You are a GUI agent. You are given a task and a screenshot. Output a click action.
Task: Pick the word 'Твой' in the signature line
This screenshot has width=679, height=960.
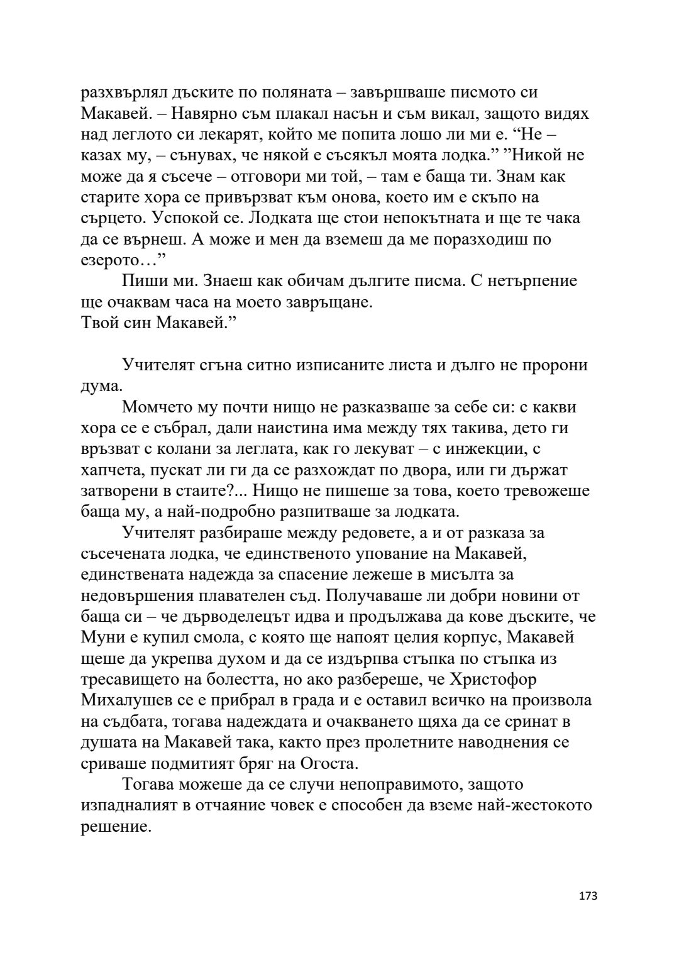tap(99, 323)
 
